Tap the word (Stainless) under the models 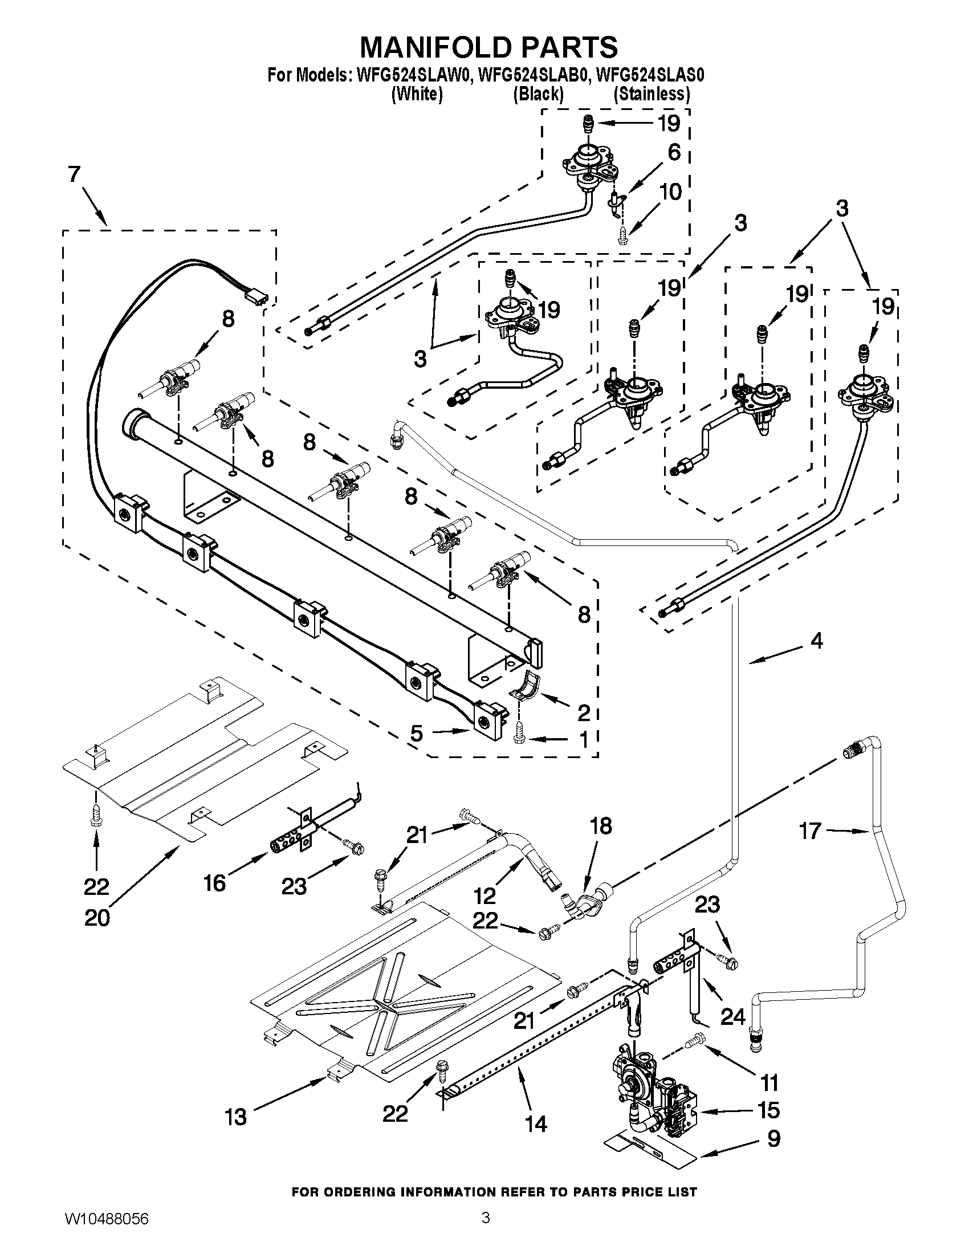coord(652,93)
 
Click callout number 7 coord(74,174)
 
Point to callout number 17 coord(810,830)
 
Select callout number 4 coord(816,640)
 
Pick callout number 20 coord(96,918)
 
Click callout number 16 coord(214,883)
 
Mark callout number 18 coord(600,826)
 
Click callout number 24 coord(732,1017)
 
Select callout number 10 coord(671,191)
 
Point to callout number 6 coord(674,152)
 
